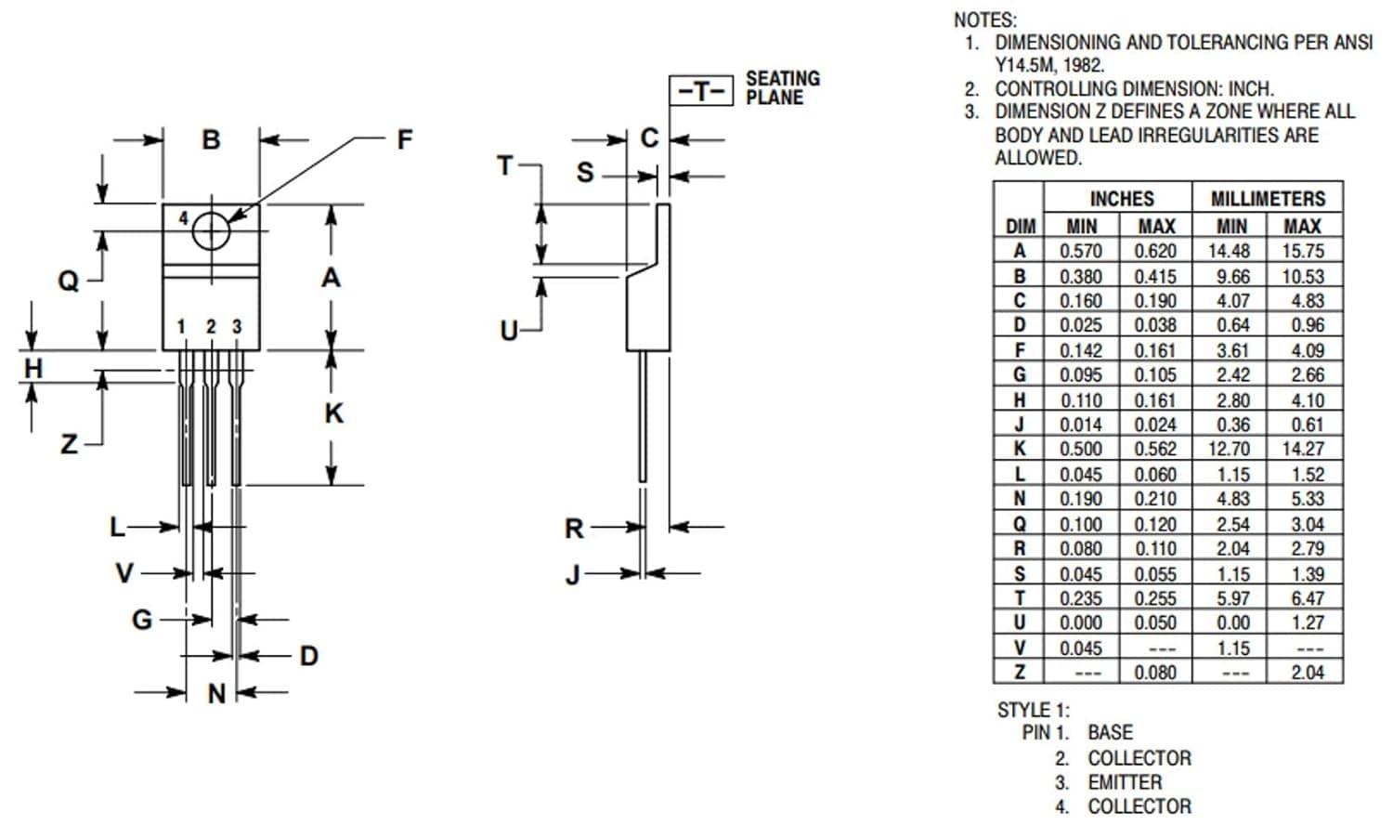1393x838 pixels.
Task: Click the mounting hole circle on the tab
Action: [x=211, y=230]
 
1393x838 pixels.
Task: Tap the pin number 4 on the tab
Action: [x=183, y=218]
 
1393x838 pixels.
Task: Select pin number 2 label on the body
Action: [x=211, y=327]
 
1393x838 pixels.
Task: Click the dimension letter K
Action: [x=333, y=413]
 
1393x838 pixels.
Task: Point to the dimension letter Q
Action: [x=69, y=281]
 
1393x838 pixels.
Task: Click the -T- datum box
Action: [x=701, y=90]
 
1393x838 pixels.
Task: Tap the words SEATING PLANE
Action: [x=782, y=88]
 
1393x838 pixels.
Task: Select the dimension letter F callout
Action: [x=404, y=140]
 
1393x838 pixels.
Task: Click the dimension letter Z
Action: [x=69, y=445]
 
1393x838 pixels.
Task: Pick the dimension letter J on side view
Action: [x=573, y=576]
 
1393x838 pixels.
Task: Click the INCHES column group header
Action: [x=1121, y=199]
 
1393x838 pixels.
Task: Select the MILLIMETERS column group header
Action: [x=1268, y=199]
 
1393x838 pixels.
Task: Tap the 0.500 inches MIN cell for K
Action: [x=1081, y=449]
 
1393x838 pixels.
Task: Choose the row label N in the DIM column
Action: [x=1019, y=499]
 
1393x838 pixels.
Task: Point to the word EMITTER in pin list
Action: [x=1125, y=782]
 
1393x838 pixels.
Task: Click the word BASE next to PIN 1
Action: [x=1110, y=733]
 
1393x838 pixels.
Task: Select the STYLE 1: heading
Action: [x=1033, y=710]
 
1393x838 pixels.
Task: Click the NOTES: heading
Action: [x=984, y=20]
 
